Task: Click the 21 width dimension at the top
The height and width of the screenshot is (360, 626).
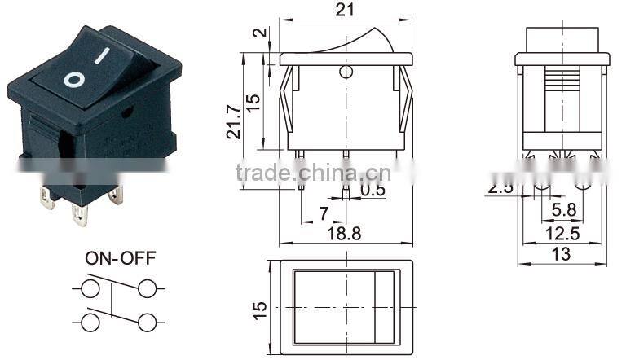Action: click(x=346, y=11)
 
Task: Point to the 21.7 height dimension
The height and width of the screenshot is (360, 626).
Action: click(x=234, y=121)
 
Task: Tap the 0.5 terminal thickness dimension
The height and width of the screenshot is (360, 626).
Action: click(x=373, y=191)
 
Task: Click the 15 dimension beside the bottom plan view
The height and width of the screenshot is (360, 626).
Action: click(x=259, y=309)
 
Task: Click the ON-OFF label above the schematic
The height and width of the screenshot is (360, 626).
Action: click(x=121, y=259)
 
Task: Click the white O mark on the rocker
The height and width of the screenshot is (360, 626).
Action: click(x=74, y=80)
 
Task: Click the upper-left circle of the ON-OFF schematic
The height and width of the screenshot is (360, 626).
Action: click(x=90, y=288)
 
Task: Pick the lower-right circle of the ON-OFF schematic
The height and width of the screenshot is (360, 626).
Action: click(x=147, y=323)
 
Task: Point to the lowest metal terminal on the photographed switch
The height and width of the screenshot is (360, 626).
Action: click(x=80, y=216)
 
